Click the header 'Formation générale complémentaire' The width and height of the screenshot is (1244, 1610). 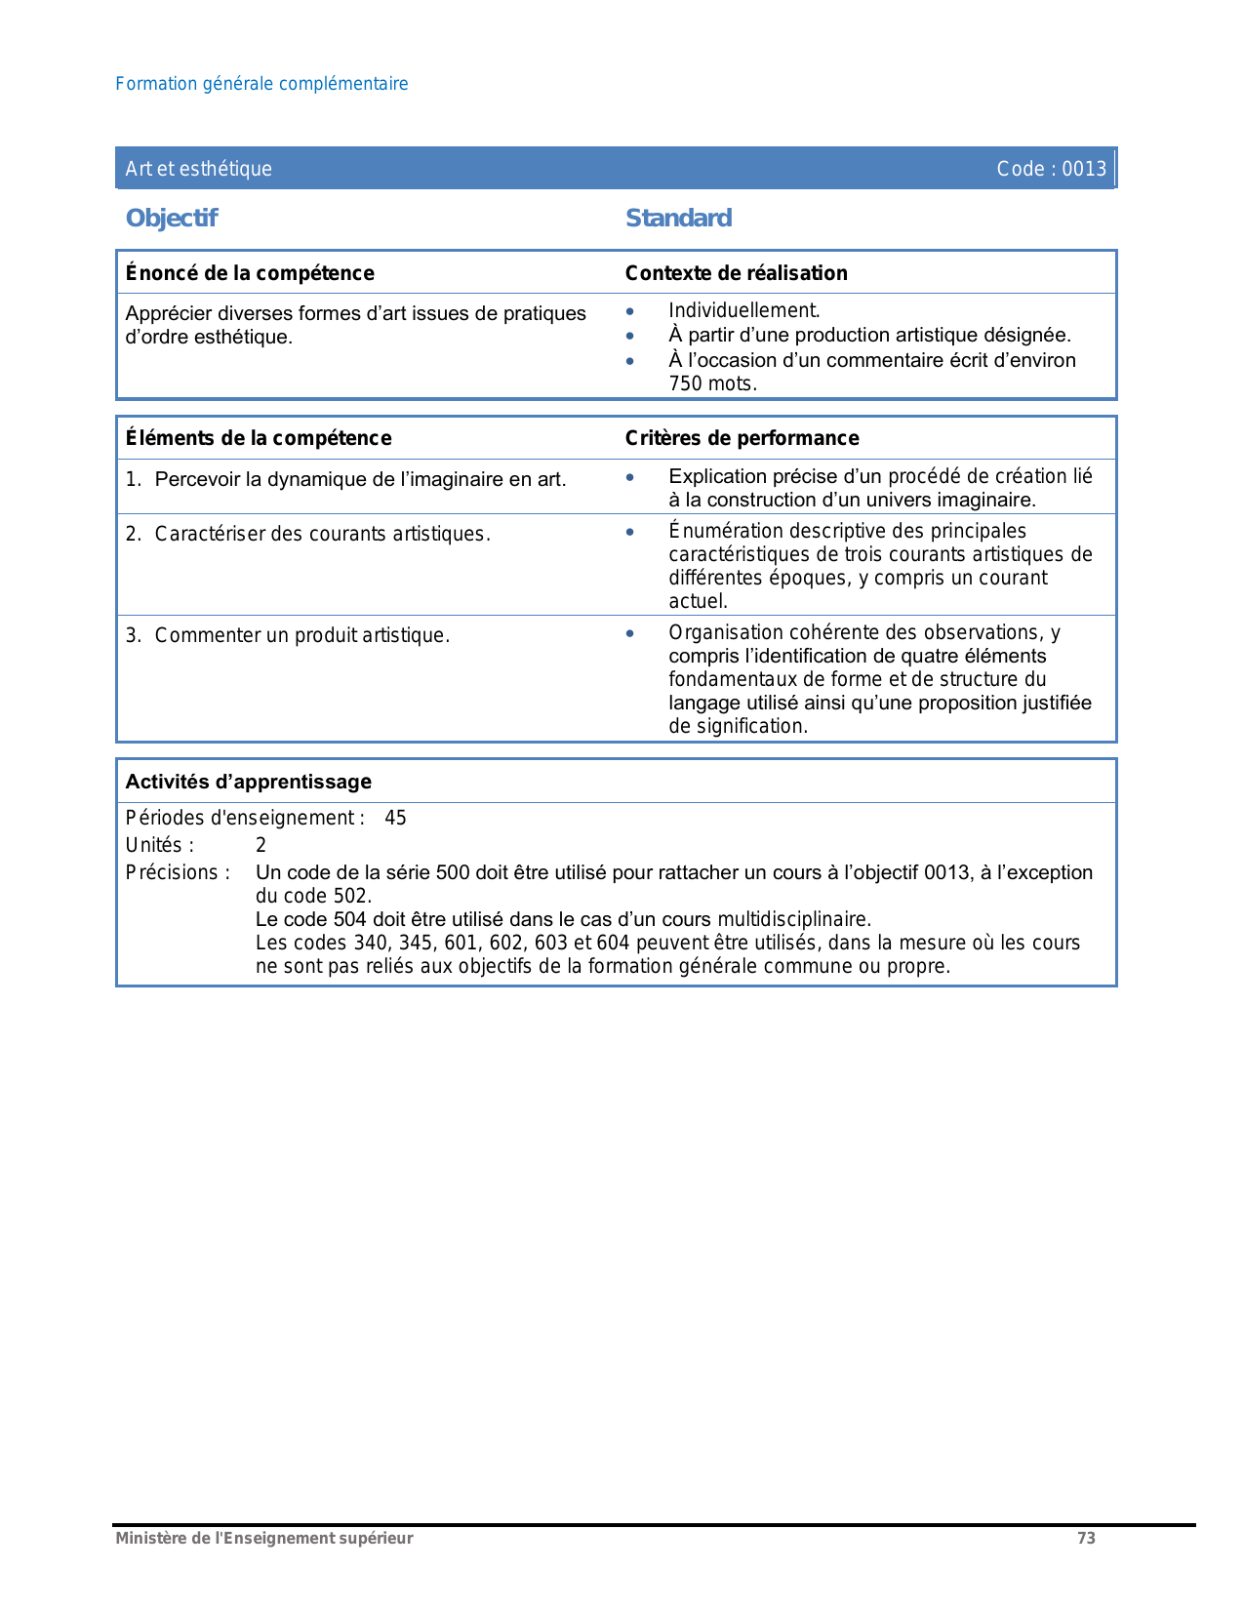pyautogui.click(x=261, y=84)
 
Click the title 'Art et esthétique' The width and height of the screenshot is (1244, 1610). pyautogui.click(x=198, y=169)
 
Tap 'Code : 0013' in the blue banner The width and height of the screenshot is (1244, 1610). pyautogui.click(x=1051, y=169)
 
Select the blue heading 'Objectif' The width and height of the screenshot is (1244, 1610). pyautogui.click(x=172, y=218)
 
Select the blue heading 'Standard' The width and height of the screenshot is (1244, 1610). pyautogui.click(x=678, y=218)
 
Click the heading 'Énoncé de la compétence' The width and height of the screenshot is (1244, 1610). pyautogui.click(x=250, y=273)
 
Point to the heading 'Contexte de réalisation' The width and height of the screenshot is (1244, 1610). pyautogui.click(x=736, y=273)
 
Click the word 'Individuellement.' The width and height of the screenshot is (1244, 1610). pyautogui.click(x=743, y=310)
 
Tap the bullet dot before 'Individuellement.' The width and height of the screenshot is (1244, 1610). pyautogui.click(x=630, y=311)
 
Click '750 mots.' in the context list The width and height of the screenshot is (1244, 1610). pyautogui.click(x=712, y=383)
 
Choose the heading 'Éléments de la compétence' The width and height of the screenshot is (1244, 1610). pyautogui.click(x=259, y=438)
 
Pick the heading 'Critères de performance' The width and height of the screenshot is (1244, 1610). pyautogui.click(x=742, y=438)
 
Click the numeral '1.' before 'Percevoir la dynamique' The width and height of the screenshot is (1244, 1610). pyautogui.click(x=134, y=479)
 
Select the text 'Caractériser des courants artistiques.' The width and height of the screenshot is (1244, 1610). pyautogui.click(x=322, y=534)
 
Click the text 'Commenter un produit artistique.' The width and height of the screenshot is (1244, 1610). pyautogui.click(x=301, y=635)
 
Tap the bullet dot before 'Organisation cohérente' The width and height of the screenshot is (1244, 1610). pyautogui.click(x=630, y=633)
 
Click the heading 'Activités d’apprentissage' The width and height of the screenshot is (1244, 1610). pyautogui.click(x=249, y=782)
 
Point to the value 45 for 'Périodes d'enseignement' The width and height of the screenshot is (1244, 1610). pyautogui.click(x=395, y=818)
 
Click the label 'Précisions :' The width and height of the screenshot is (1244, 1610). pyautogui.click(x=178, y=872)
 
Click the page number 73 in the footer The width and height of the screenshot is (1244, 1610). pyautogui.click(x=1086, y=1538)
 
